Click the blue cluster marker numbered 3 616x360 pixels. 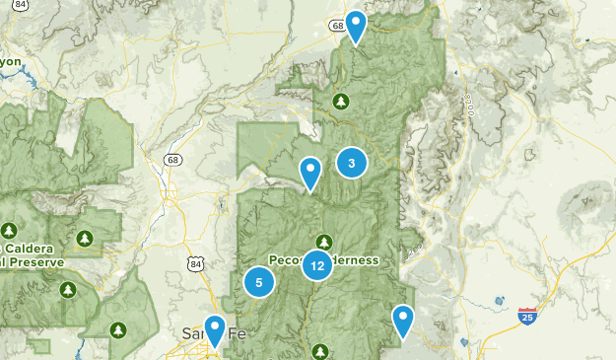(x=351, y=163)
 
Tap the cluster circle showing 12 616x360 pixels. (x=316, y=264)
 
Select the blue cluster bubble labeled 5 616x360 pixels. (x=259, y=283)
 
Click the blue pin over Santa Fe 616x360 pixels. (x=214, y=329)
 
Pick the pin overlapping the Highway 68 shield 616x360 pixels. (x=355, y=26)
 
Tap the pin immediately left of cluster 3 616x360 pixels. (x=310, y=173)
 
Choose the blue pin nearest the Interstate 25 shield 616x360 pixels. (x=402, y=320)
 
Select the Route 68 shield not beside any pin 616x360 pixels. (x=173, y=159)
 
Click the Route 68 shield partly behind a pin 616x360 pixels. (x=339, y=26)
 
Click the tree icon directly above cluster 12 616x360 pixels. (x=323, y=242)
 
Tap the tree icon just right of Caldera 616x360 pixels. (x=85, y=239)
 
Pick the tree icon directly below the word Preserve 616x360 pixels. (x=67, y=290)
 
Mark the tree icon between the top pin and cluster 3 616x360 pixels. (x=341, y=101)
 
